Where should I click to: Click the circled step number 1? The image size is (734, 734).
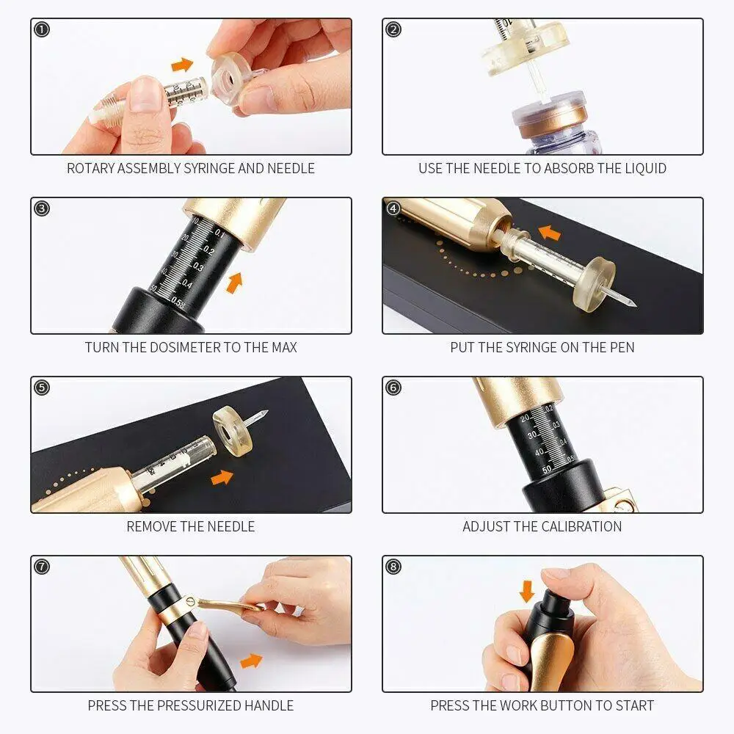(x=42, y=29)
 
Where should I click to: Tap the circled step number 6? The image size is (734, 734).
(x=393, y=388)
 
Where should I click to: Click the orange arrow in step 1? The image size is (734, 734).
(x=182, y=65)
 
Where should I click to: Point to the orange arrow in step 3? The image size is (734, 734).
(x=235, y=283)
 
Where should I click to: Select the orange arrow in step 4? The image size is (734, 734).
(x=549, y=233)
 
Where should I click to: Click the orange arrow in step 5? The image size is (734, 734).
(x=222, y=478)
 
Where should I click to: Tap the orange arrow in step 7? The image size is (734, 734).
(x=251, y=661)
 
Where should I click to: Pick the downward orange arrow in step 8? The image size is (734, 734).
(x=527, y=592)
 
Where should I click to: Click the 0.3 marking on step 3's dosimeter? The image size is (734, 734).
(x=198, y=267)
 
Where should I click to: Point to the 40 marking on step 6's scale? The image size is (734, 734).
(x=539, y=452)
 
